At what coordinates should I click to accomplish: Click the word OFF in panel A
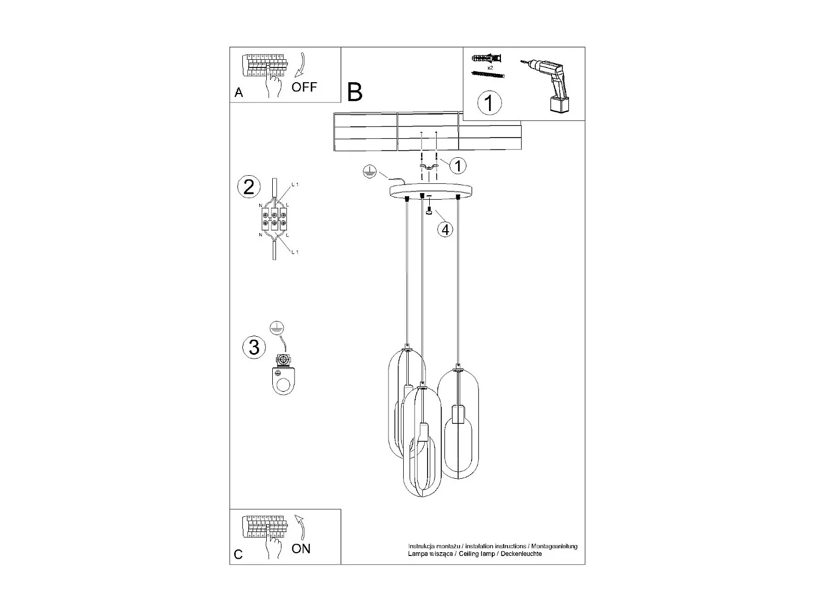(304, 87)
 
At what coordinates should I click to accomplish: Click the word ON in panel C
(301, 548)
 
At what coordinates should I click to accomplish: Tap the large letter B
(354, 92)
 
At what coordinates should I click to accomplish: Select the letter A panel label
(239, 93)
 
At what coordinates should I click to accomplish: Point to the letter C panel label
(239, 554)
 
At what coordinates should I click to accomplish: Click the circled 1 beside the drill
(489, 102)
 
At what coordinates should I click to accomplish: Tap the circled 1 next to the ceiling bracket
(458, 165)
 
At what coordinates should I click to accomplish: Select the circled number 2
(249, 187)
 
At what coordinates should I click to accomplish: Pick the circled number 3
(254, 347)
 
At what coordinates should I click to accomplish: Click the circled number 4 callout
(445, 230)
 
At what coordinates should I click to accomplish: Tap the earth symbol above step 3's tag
(278, 328)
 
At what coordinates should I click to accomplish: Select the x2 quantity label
(490, 67)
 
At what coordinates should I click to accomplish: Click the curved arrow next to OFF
(300, 65)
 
